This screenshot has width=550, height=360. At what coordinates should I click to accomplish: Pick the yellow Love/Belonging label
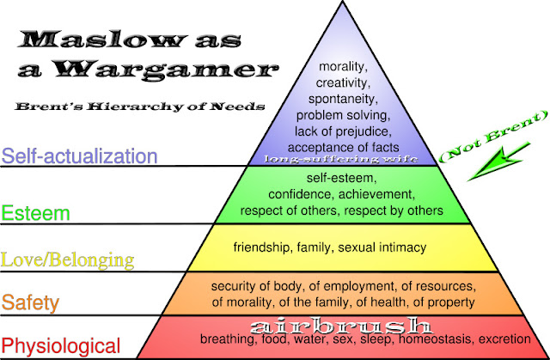[69, 259]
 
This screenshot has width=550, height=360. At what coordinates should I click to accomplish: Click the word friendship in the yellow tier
[261, 247]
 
